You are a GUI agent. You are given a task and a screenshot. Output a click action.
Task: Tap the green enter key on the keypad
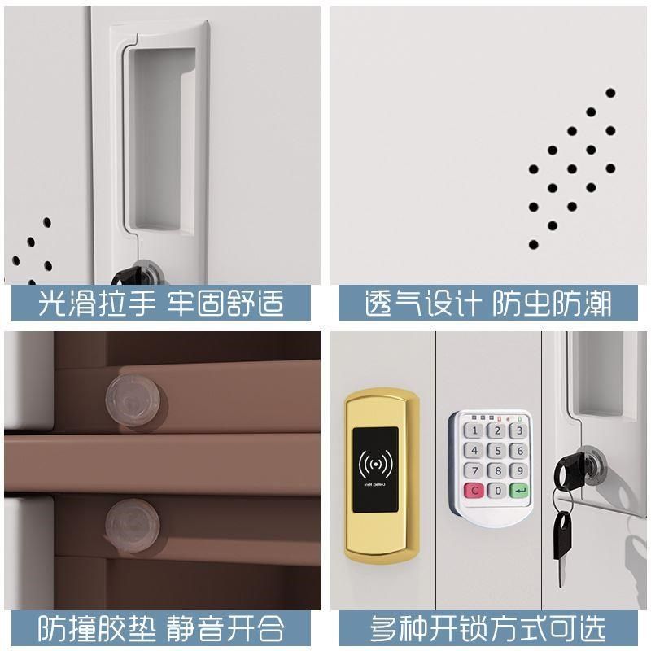coord(518,491)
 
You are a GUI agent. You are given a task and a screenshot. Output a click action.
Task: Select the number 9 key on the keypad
coord(516,471)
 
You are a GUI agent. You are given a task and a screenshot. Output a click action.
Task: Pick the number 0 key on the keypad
coord(495,491)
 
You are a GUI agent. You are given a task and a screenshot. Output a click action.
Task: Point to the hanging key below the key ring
coord(562,536)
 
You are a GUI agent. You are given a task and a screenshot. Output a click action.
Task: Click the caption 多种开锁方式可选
coord(488,627)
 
